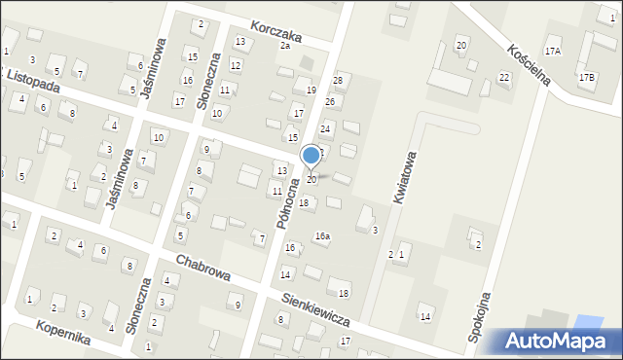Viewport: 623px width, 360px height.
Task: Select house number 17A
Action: point(553,51)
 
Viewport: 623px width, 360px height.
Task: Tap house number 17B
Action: point(586,77)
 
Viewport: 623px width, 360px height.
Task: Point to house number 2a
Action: point(285,46)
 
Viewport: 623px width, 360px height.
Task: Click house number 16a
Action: point(322,236)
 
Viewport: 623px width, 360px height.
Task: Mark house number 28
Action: point(338,80)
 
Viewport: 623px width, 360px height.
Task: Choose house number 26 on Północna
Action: point(330,102)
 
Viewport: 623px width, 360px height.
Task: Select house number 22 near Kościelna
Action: point(504,77)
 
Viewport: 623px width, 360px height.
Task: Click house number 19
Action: point(311,90)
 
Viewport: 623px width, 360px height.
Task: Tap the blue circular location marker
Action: point(311,155)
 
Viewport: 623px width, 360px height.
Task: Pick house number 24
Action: point(326,128)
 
